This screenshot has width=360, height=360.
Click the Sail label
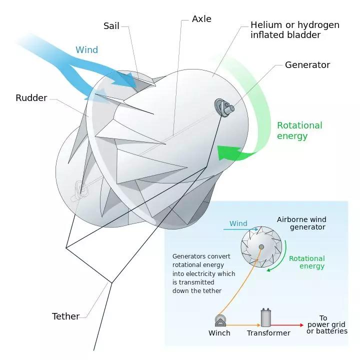(111, 25)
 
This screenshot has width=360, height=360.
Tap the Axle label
(201, 19)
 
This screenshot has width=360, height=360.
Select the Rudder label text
(31, 98)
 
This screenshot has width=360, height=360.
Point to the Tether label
(65, 316)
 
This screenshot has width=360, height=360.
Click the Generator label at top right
(307, 65)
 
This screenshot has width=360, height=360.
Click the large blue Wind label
(87, 50)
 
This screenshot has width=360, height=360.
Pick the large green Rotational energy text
(299, 130)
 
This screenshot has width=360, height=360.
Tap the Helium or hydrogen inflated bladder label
(295, 30)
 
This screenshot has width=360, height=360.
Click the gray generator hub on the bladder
(224, 107)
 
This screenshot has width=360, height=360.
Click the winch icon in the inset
(220, 320)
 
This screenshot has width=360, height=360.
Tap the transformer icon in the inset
(266, 317)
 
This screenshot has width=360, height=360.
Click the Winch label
(219, 333)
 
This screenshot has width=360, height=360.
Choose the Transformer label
(268, 333)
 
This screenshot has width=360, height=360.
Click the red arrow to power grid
(287, 325)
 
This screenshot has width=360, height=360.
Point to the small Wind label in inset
(238, 223)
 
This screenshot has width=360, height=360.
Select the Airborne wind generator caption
(301, 223)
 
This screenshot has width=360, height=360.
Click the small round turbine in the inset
(261, 247)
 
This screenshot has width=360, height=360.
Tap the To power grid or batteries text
(326, 324)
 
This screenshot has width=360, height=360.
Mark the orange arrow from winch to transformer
(243, 325)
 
